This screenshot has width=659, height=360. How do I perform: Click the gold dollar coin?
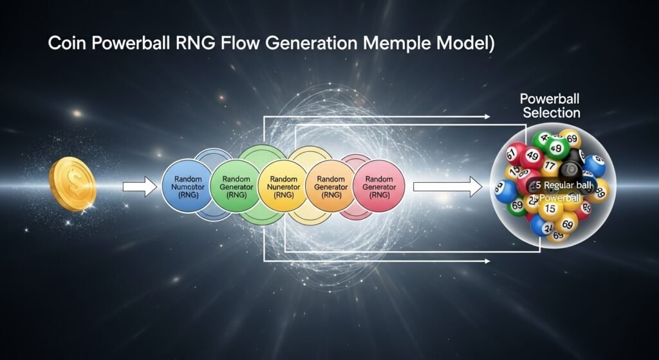point(72,185)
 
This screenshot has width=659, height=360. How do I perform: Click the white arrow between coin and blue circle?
point(140,187)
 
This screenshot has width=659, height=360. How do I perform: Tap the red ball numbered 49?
point(532,155)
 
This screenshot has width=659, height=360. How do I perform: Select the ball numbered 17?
point(548,166)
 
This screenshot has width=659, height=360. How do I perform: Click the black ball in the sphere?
point(570,171)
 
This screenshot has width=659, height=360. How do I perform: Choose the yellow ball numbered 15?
point(551,209)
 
